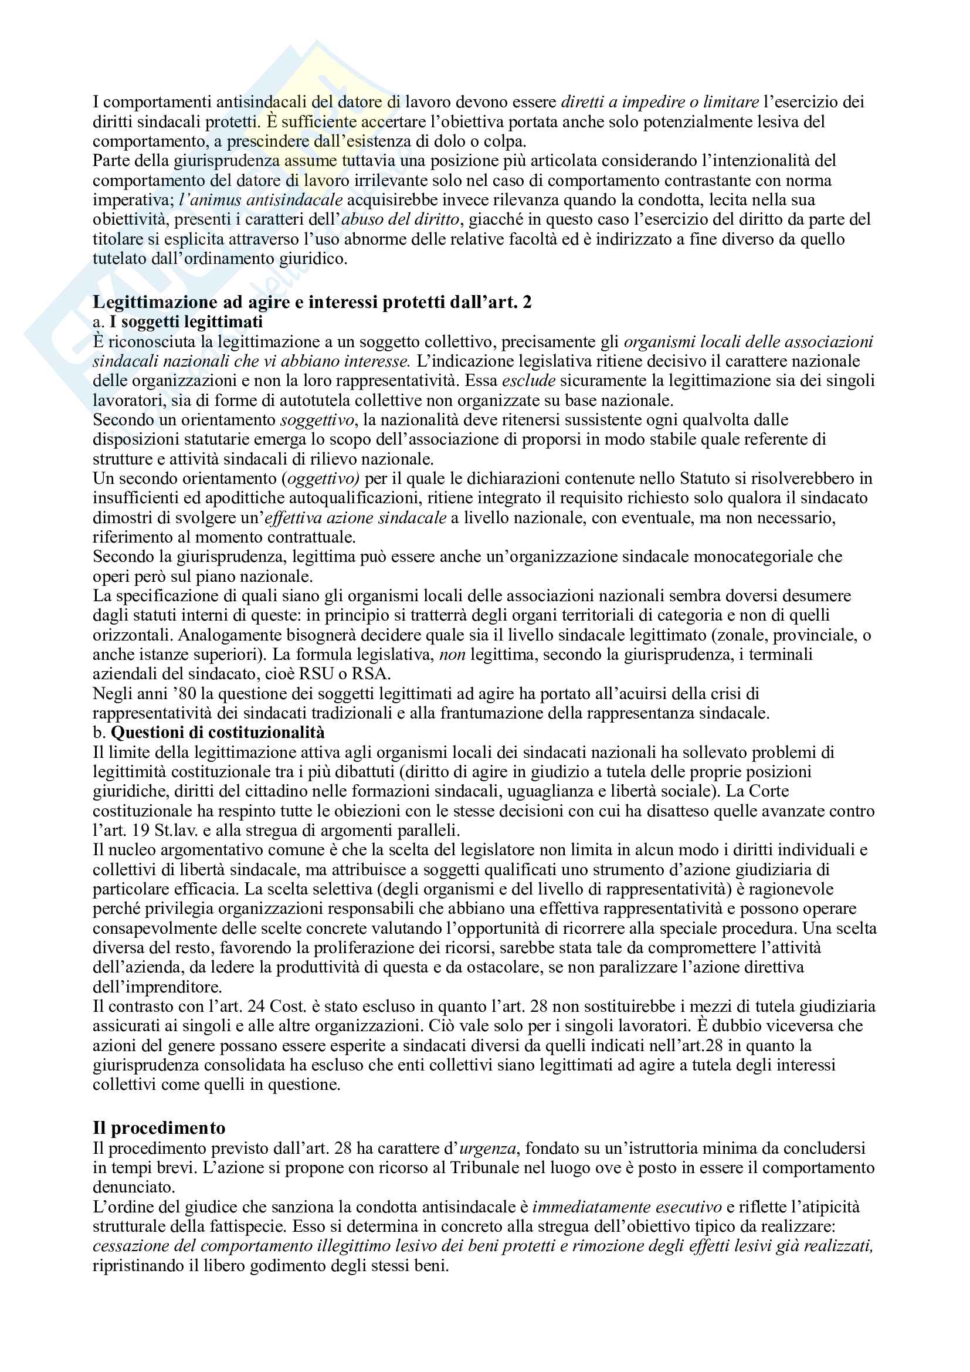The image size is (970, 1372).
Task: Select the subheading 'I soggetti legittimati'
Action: tap(186, 322)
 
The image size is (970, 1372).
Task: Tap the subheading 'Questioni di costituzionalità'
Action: tap(218, 733)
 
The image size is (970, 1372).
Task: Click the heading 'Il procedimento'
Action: tap(159, 1128)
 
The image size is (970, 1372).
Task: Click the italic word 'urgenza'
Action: tap(488, 1148)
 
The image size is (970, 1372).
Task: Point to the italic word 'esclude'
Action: tap(528, 381)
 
